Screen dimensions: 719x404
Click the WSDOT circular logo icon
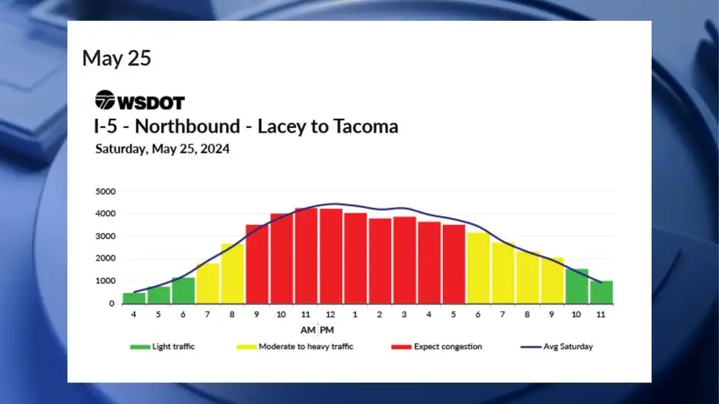tap(105, 100)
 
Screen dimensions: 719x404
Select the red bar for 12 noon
tap(331, 256)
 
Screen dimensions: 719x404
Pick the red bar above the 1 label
tap(356, 258)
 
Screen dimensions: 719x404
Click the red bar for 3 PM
tap(404, 260)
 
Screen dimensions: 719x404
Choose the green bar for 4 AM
tap(134, 298)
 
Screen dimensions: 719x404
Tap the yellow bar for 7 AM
tap(208, 284)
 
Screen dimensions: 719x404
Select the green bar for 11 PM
tap(601, 292)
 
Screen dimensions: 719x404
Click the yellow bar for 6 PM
tap(478, 268)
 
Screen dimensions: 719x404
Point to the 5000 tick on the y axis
tap(106, 191)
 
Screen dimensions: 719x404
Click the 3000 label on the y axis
tap(106, 237)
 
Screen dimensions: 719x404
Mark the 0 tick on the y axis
tap(112, 304)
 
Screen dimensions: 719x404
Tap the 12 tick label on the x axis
tap(330, 315)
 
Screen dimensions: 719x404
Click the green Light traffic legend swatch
tap(140, 347)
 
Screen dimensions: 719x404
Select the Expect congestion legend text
tap(447, 347)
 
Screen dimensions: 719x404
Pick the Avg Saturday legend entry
tap(557, 347)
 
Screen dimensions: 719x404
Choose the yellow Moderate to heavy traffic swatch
tap(246, 347)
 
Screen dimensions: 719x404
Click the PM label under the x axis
tap(327, 330)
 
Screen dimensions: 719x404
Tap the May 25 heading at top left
tap(116, 58)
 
